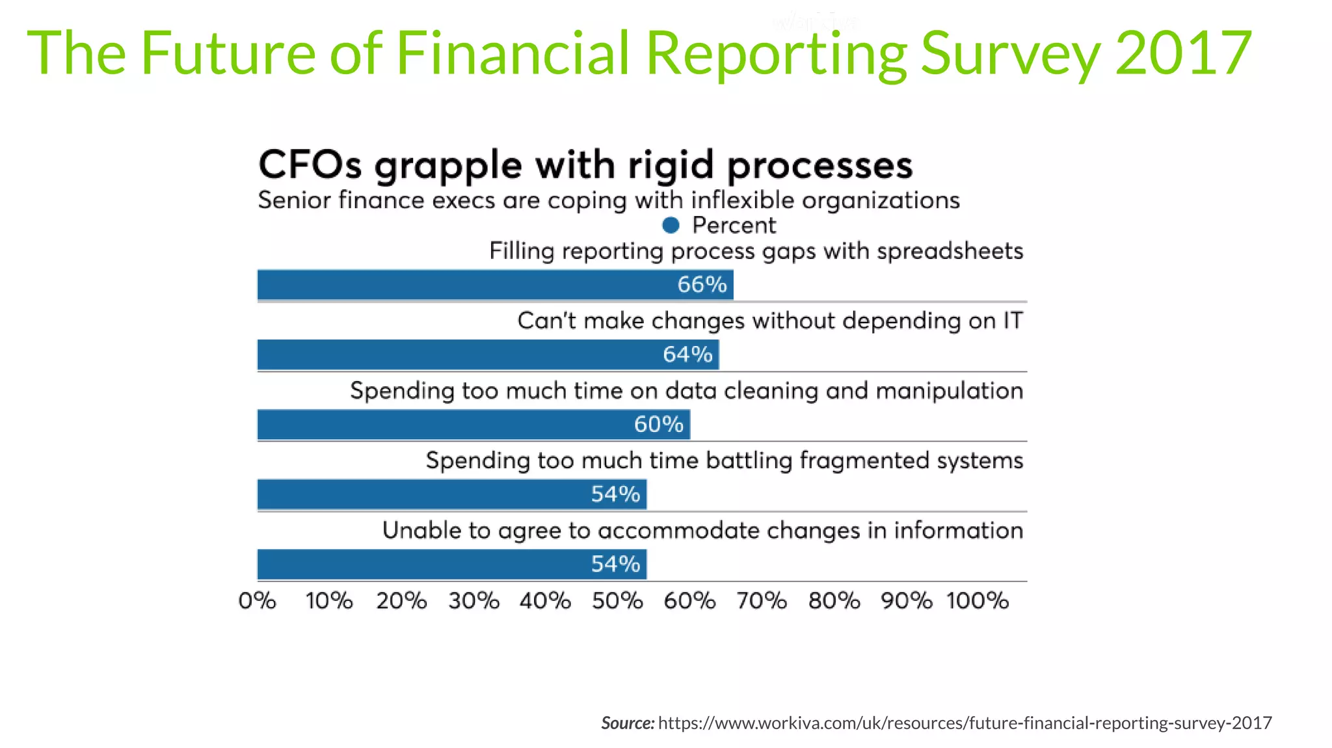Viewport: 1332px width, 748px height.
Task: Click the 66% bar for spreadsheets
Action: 494,285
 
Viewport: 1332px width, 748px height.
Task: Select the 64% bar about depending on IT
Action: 488,354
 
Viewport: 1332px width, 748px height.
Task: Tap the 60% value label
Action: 659,425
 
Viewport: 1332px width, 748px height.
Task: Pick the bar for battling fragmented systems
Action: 452,494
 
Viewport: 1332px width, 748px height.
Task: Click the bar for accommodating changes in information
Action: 452,564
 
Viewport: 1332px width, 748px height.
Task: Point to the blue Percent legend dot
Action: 671,226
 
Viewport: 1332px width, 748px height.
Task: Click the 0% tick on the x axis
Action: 258,600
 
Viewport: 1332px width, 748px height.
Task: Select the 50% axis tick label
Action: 617,600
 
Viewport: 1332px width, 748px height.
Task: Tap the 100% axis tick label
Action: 978,600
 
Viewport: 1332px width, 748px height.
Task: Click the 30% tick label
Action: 473,600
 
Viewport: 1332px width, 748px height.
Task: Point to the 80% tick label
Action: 834,600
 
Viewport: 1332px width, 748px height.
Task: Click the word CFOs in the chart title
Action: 310,165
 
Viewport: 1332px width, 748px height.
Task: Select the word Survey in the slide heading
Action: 1011,53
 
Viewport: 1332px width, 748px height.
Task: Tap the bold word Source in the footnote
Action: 627,723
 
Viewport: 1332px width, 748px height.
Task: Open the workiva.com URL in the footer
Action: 965,723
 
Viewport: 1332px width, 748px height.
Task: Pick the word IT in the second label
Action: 1013,321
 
